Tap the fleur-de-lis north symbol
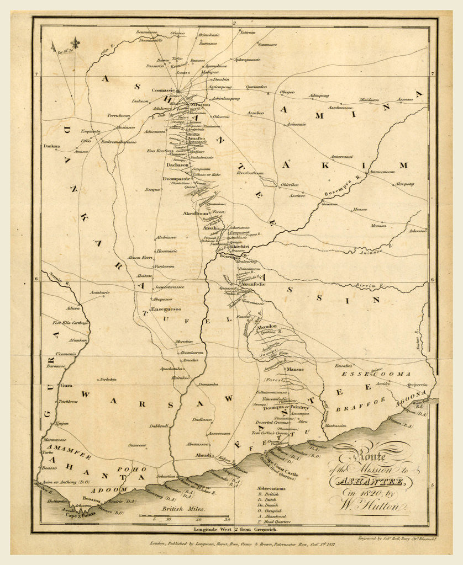pos(75,42)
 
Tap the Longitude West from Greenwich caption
pos(234,529)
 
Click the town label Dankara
pos(52,147)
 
